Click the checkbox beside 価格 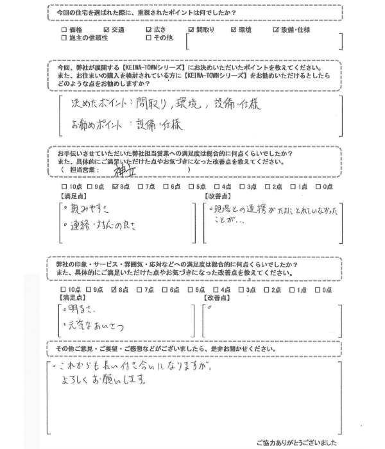tap(64, 30)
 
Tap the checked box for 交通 tap(107, 30)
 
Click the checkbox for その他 tap(148, 38)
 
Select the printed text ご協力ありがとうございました tap(296, 443)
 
